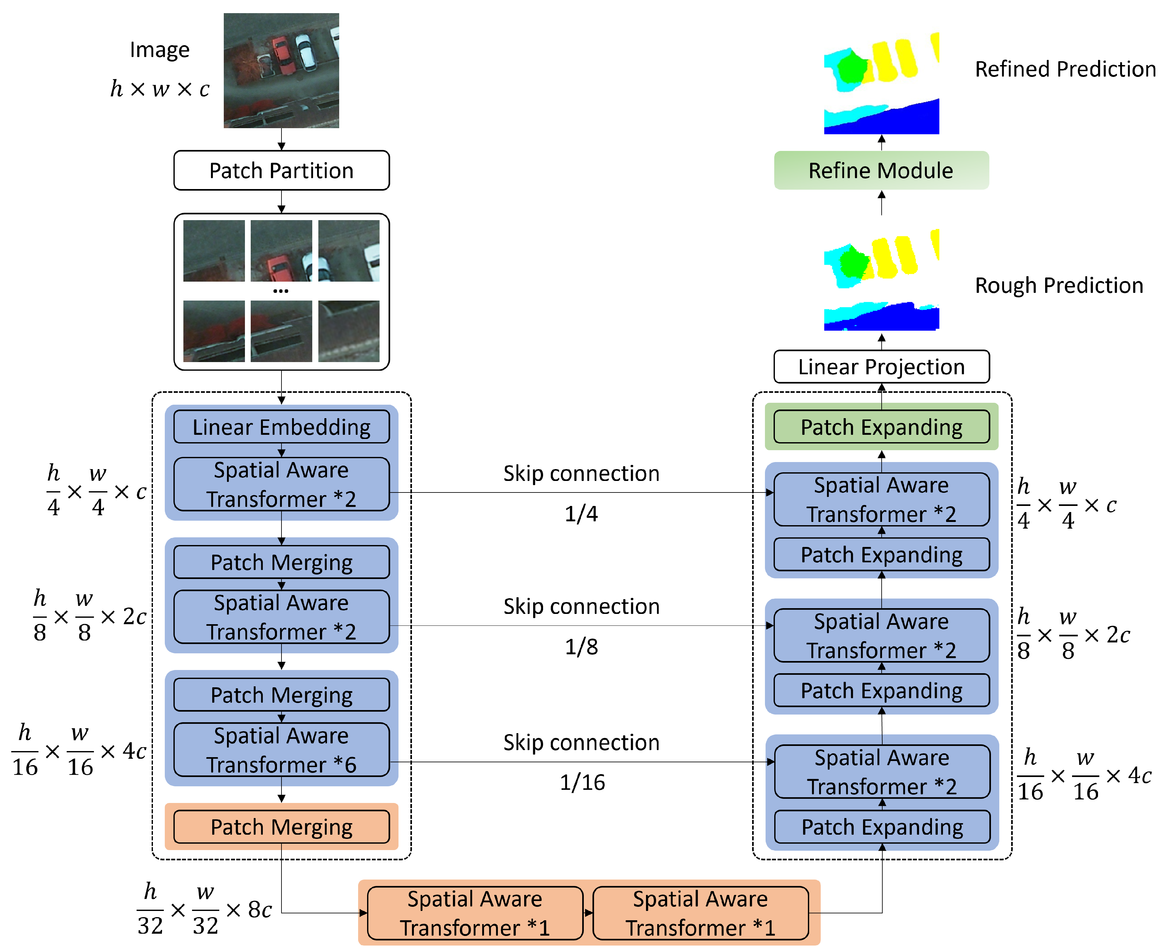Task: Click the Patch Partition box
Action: (x=281, y=171)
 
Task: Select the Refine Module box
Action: (x=881, y=171)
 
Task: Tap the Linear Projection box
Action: (x=881, y=367)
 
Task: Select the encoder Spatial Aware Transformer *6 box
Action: (x=281, y=750)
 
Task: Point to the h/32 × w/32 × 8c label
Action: (x=204, y=909)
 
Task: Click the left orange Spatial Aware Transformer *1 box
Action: (x=475, y=913)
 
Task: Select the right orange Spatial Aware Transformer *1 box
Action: (x=700, y=913)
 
